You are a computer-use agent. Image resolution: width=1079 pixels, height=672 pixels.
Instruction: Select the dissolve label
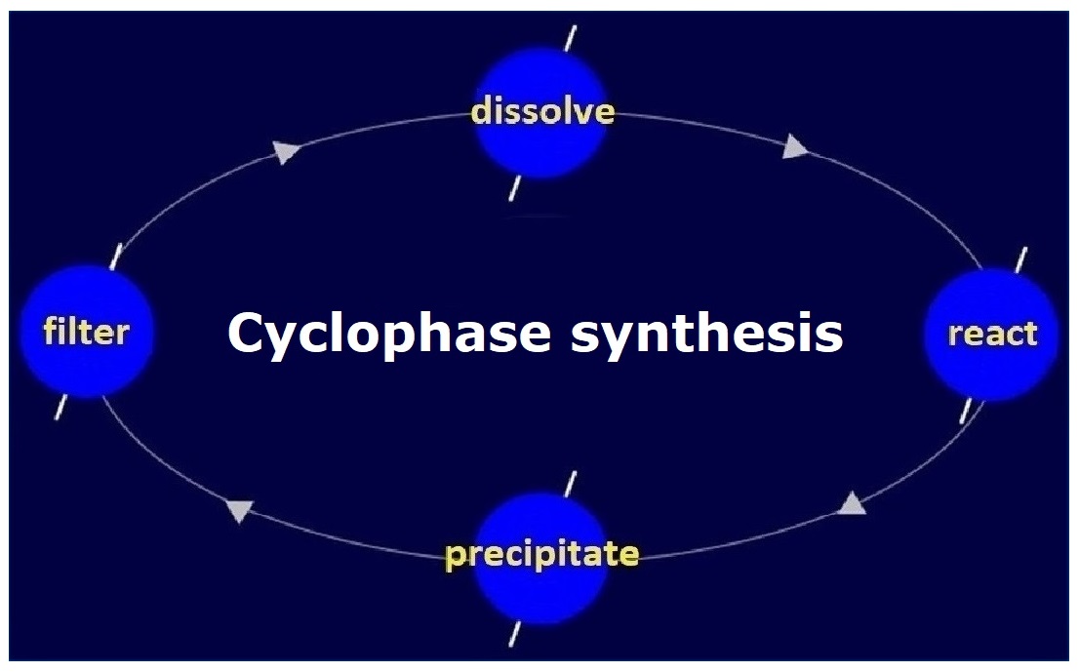point(542,111)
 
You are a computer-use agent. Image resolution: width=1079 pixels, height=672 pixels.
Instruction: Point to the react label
point(992,335)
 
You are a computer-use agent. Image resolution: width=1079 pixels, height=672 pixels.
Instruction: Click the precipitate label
point(542,555)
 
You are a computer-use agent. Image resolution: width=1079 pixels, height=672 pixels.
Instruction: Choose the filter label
point(86,333)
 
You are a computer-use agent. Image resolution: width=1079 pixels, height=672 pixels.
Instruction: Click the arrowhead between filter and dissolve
point(284,152)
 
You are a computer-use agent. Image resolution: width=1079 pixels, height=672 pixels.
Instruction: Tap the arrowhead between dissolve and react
point(796,148)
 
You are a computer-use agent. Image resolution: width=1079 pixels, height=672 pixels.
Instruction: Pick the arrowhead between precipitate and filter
point(240,510)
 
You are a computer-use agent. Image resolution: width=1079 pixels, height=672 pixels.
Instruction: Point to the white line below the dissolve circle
point(515,187)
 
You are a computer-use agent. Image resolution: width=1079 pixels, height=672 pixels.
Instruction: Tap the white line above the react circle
point(1021,260)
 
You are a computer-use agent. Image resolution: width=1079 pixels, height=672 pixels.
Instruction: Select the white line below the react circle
point(966,410)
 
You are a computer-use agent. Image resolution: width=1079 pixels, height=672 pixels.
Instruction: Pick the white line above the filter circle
point(116,257)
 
